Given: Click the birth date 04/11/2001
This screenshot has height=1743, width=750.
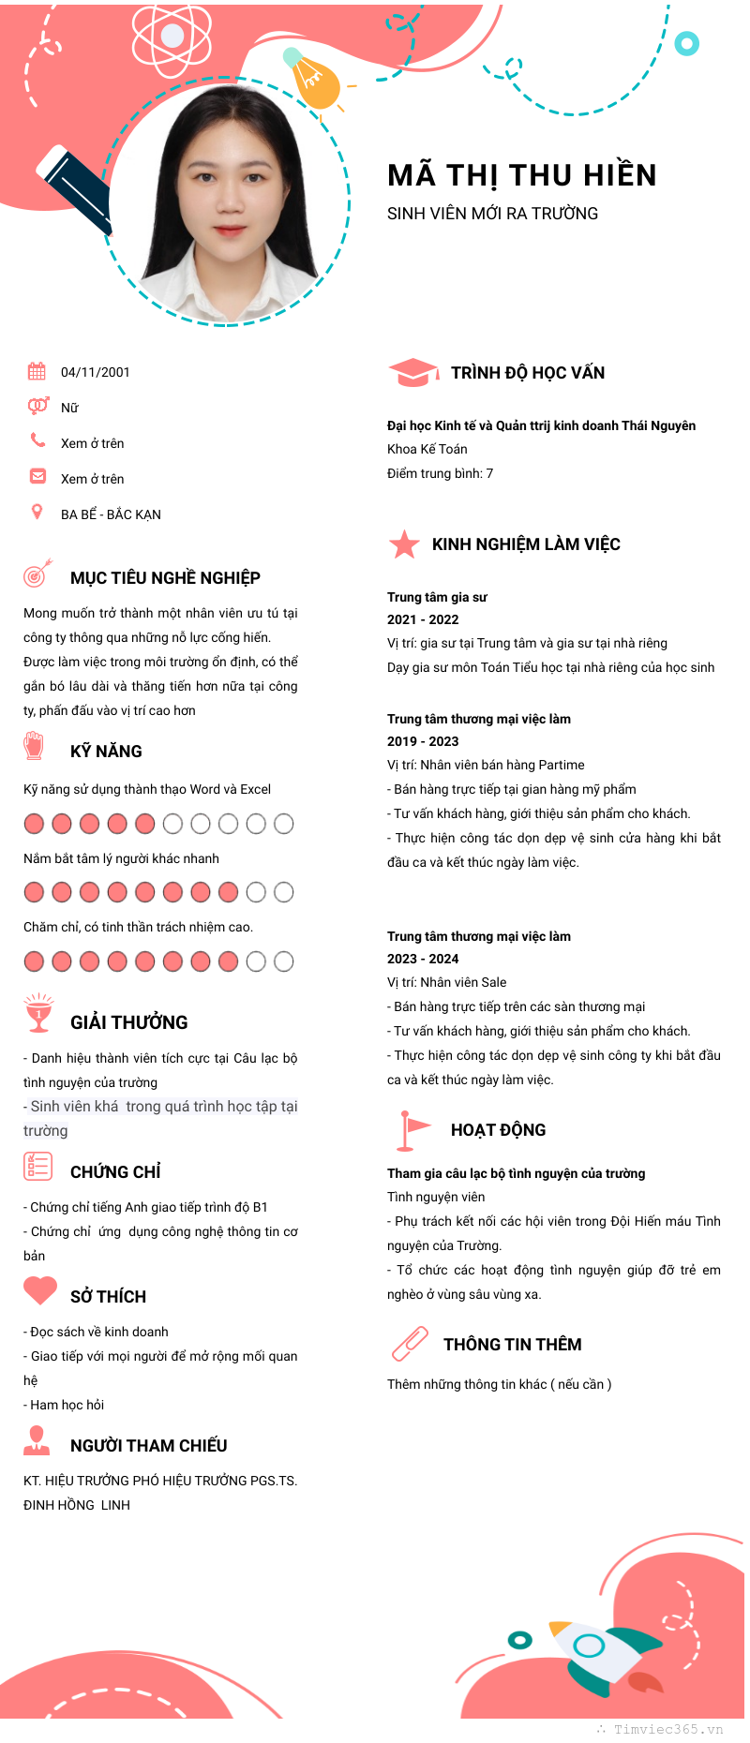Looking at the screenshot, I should (95, 372).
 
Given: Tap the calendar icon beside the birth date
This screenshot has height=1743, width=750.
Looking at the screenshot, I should (37, 371).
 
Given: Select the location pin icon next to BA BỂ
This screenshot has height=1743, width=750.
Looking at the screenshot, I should (37, 512).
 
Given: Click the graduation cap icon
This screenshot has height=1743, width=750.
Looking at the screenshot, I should (412, 372).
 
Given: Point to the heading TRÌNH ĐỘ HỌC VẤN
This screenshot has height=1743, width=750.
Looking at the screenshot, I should (527, 373).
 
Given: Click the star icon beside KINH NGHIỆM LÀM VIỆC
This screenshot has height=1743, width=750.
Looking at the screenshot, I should (404, 544).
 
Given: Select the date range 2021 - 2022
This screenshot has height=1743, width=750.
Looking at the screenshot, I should (423, 619).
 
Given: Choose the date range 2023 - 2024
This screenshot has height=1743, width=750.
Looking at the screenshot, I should (423, 959).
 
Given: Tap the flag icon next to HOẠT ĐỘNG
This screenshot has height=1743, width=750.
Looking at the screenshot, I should (411, 1129).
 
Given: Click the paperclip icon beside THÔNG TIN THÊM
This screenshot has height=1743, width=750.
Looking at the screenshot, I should (410, 1343).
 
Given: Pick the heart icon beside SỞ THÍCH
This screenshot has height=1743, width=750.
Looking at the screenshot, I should (40, 1290).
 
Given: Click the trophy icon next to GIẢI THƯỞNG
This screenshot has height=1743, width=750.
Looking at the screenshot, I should (38, 1013).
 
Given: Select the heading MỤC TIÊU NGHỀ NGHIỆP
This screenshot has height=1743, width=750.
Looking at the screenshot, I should (165, 578).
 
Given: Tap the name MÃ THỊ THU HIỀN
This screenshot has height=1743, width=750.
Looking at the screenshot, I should (521, 175).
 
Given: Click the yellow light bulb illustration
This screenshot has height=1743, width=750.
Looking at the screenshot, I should (314, 81).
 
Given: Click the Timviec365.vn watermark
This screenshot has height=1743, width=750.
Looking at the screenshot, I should (667, 1729).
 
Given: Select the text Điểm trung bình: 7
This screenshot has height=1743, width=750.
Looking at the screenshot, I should (440, 473).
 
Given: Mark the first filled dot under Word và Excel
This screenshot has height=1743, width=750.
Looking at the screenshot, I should (34, 824).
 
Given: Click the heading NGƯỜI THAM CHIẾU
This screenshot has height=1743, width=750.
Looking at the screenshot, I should (148, 1446).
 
